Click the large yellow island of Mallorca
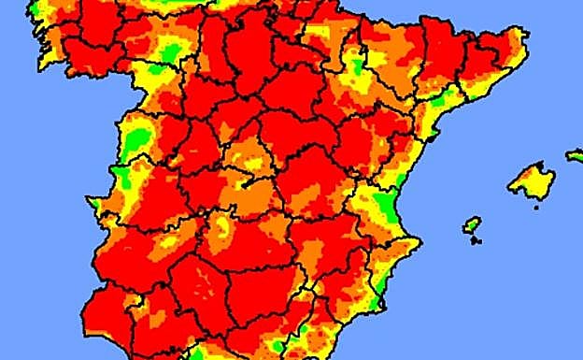point(532,180)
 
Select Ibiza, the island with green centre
point(472,224)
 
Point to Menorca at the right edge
point(575,155)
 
